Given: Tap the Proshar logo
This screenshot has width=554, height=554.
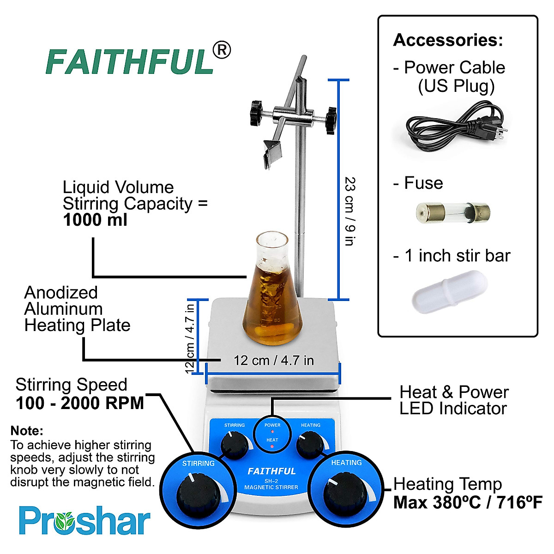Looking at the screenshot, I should pos(84,521).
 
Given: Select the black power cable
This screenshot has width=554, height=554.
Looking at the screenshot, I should pos(454,126).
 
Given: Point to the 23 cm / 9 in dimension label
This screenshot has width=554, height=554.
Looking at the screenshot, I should pos(350,211).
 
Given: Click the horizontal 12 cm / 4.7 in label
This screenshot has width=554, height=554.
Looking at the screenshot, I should pos(273,360).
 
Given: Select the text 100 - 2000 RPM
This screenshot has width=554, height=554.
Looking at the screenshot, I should pos(80,403).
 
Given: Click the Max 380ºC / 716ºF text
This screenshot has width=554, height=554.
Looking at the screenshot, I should pos(467,502).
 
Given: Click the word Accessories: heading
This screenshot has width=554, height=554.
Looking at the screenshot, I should pos(448,40).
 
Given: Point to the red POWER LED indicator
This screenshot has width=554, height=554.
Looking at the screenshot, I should pos(272,432).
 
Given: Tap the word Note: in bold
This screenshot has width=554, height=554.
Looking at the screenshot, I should pos(27,431).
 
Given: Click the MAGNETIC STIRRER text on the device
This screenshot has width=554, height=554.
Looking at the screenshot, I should pos(271,487).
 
